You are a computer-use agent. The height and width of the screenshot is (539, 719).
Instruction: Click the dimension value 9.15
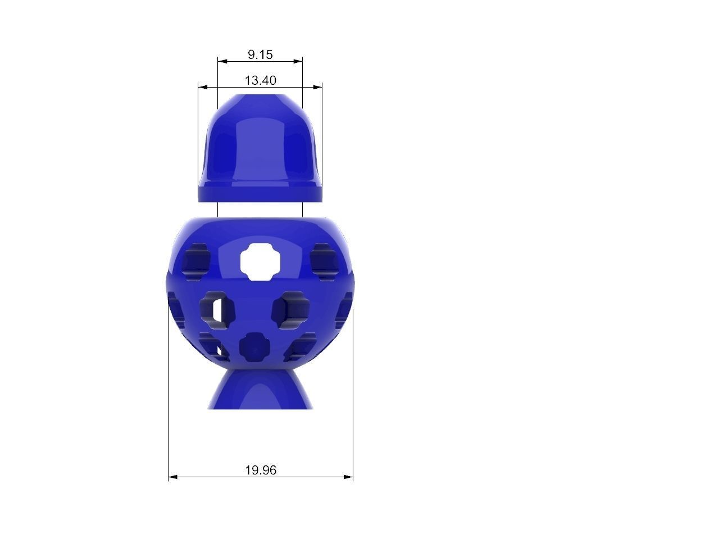260,54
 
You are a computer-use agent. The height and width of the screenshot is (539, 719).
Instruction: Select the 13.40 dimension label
260,80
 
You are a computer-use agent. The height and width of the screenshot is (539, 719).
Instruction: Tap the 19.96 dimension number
261,470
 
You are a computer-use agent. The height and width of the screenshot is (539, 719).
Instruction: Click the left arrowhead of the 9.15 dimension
221,61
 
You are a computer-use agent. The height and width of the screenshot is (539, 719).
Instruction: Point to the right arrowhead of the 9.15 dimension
299,61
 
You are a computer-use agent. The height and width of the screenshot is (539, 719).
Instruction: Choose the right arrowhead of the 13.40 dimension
318,87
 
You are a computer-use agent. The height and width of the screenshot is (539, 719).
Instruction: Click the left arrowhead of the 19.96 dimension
172,477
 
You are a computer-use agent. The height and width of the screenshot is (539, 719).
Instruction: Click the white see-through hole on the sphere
260,261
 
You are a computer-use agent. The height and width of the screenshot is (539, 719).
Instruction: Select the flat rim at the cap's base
260,195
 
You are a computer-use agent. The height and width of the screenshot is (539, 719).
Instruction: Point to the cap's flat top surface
260,98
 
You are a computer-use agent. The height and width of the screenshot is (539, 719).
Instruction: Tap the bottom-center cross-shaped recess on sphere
253,349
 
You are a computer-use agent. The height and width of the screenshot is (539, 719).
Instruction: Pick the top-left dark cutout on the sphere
196,259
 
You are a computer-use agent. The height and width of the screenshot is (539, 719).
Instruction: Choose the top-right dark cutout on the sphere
324,258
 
